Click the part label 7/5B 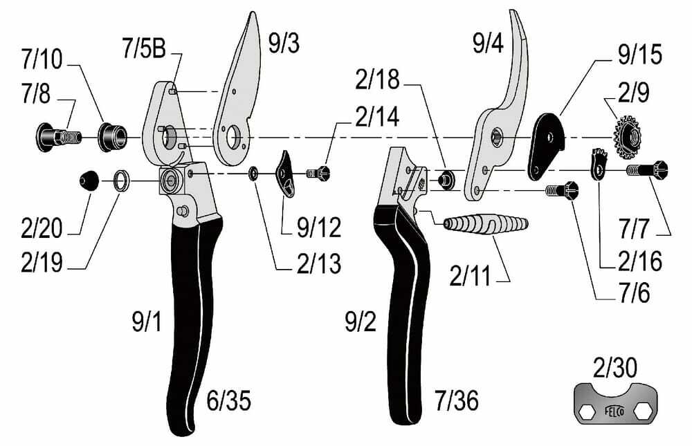click(145, 48)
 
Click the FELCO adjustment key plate click(615, 404)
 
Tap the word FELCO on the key click(614, 411)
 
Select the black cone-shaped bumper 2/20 click(89, 180)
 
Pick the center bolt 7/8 click(58, 137)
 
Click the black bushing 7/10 click(112, 137)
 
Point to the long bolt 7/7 click(647, 170)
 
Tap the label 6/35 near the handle click(228, 400)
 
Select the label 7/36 click(456, 400)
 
